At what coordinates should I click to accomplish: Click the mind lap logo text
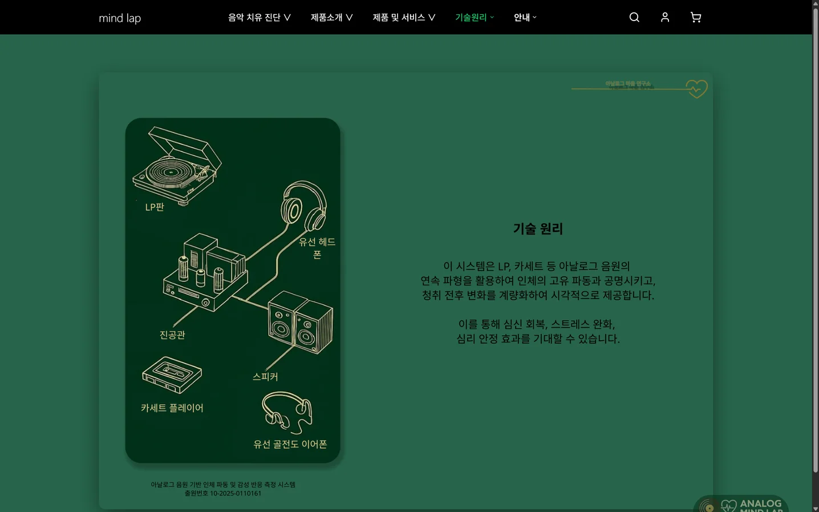(120, 18)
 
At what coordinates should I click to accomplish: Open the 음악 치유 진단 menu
(259, 18)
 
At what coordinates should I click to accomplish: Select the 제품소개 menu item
(331, 18)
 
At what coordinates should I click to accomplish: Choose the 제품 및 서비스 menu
(404, 18)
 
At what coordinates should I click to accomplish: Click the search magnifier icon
(634, 18)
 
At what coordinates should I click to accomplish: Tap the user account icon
(665, 18)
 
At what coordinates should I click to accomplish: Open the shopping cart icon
(696, 18)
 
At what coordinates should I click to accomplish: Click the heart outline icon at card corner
(696, 89)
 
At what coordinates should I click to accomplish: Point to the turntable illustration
(177, 166)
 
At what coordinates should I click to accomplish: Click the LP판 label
(155, 207)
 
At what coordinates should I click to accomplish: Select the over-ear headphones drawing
(303, 205)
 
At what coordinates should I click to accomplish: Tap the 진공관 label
(172, 335)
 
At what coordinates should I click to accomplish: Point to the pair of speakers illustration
(300, 322)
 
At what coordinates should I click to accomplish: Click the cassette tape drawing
(172, 375)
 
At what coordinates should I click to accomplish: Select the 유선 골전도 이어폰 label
(290, 444)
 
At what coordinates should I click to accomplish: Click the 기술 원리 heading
(538, 229)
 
